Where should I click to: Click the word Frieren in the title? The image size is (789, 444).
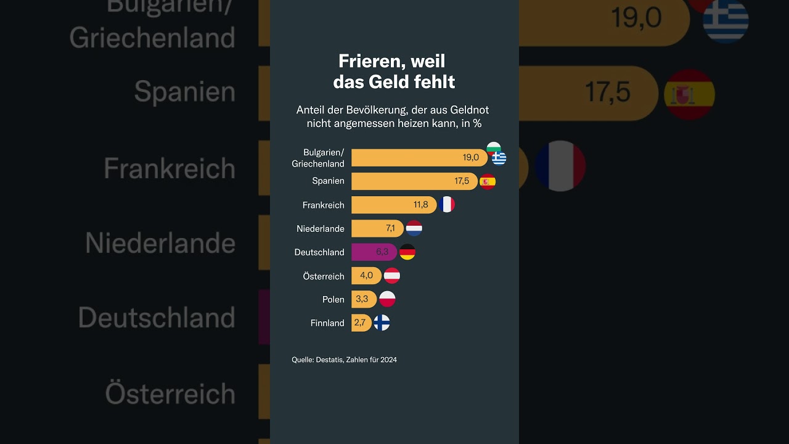[x=373, y=61]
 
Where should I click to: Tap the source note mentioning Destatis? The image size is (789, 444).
[x=344, y=360]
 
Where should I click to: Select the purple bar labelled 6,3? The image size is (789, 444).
[x=374, y=252]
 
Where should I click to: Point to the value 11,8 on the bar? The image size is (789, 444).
[x=420, y=205]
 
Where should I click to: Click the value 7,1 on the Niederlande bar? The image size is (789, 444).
[x=390, y=228]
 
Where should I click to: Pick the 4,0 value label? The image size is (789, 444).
[x=366, y=276]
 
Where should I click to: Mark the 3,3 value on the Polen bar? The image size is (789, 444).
[x=362, y=299]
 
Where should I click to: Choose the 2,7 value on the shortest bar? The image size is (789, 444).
[x=359, y=323]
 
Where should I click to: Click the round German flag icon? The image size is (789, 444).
[x=407, y=252]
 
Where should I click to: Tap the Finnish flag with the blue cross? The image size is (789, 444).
[x=382, y=323]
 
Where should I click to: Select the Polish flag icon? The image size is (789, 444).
[x=387, y=299]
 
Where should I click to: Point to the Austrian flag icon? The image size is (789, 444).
[x=392, y=276]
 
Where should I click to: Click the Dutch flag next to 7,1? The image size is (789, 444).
[x=414, y=228]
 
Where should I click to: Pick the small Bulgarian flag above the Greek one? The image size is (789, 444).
[x=494, y=147]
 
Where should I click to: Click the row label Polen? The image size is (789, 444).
[x=333, y=299]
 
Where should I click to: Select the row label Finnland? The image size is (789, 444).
[x=327, y=323]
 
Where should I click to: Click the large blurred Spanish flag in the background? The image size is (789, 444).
[x=689, y=94]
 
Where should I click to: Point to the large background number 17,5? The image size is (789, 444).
[x=607, y=92]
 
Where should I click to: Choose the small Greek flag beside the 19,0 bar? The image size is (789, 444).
[x=499, y=158]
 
